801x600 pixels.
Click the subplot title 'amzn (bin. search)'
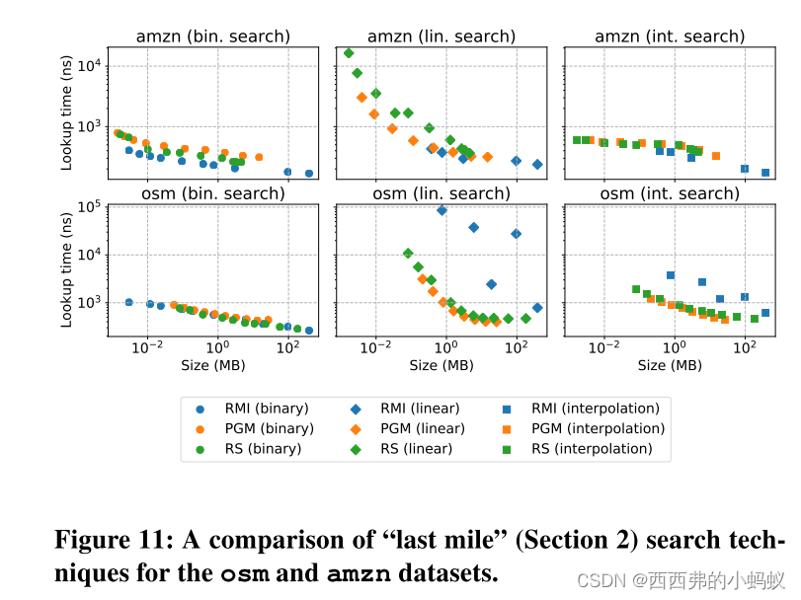212,37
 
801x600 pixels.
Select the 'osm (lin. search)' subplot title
441,193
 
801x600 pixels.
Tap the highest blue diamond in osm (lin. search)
441,210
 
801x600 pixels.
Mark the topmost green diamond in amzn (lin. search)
349,53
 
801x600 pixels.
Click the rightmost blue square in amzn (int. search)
765,173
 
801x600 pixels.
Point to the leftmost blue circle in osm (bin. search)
128,302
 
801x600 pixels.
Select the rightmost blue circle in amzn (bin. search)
309,174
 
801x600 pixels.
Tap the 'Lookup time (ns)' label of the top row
66,112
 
